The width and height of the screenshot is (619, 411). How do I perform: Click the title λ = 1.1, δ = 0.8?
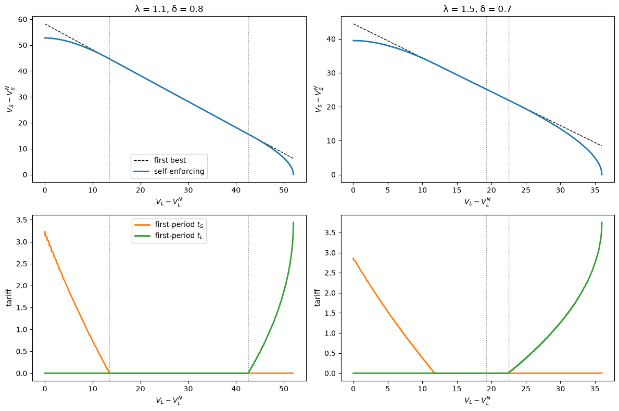169,9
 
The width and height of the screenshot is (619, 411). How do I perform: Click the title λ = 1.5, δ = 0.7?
477,9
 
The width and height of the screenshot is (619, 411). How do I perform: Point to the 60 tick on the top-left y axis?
22,20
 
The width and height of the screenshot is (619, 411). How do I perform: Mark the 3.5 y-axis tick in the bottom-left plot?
22,220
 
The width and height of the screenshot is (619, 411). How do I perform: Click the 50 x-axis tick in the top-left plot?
284,190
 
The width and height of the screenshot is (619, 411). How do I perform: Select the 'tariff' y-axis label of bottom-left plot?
9,298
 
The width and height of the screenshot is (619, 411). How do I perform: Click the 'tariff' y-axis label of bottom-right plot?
318,298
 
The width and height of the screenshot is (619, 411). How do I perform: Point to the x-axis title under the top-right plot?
477,201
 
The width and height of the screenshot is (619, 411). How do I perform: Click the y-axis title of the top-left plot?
9,99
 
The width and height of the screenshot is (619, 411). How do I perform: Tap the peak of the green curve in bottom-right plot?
602,223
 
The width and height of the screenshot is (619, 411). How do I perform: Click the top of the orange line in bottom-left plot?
45,232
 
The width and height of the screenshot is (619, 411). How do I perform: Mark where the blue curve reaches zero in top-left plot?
293,175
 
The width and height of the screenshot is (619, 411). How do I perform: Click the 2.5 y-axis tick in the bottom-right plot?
331,273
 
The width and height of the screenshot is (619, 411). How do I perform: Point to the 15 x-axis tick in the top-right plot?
457,190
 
